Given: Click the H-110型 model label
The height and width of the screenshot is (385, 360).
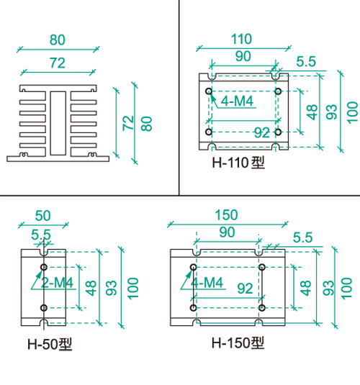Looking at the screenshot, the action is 238,163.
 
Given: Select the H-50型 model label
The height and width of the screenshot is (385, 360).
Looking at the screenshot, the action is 50,344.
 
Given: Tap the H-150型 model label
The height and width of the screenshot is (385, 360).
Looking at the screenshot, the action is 238,343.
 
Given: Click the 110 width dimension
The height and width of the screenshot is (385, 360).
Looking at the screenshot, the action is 241,39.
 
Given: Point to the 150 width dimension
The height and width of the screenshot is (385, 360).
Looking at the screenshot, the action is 226,215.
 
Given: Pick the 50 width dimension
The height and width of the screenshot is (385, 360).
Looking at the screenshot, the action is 43,216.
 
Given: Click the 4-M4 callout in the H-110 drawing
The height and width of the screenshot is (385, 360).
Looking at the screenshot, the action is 237,101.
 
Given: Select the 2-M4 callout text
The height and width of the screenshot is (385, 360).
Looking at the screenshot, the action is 57,283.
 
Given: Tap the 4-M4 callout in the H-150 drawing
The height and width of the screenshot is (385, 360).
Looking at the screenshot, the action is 207,283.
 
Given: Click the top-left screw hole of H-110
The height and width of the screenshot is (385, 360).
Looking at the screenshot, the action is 209,91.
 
